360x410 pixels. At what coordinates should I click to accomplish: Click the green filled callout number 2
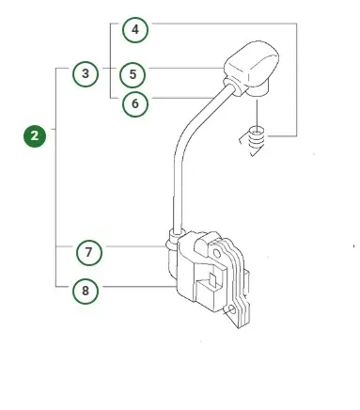[x=35, y=136]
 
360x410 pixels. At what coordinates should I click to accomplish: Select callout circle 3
[x=86, y=72]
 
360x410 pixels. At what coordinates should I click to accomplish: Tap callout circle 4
[x=135, y=30]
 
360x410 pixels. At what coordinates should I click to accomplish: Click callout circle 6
[x=135, y=103]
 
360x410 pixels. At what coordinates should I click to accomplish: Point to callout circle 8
[x=86, y=291]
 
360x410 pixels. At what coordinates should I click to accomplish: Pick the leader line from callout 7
[x=132, y=247]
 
